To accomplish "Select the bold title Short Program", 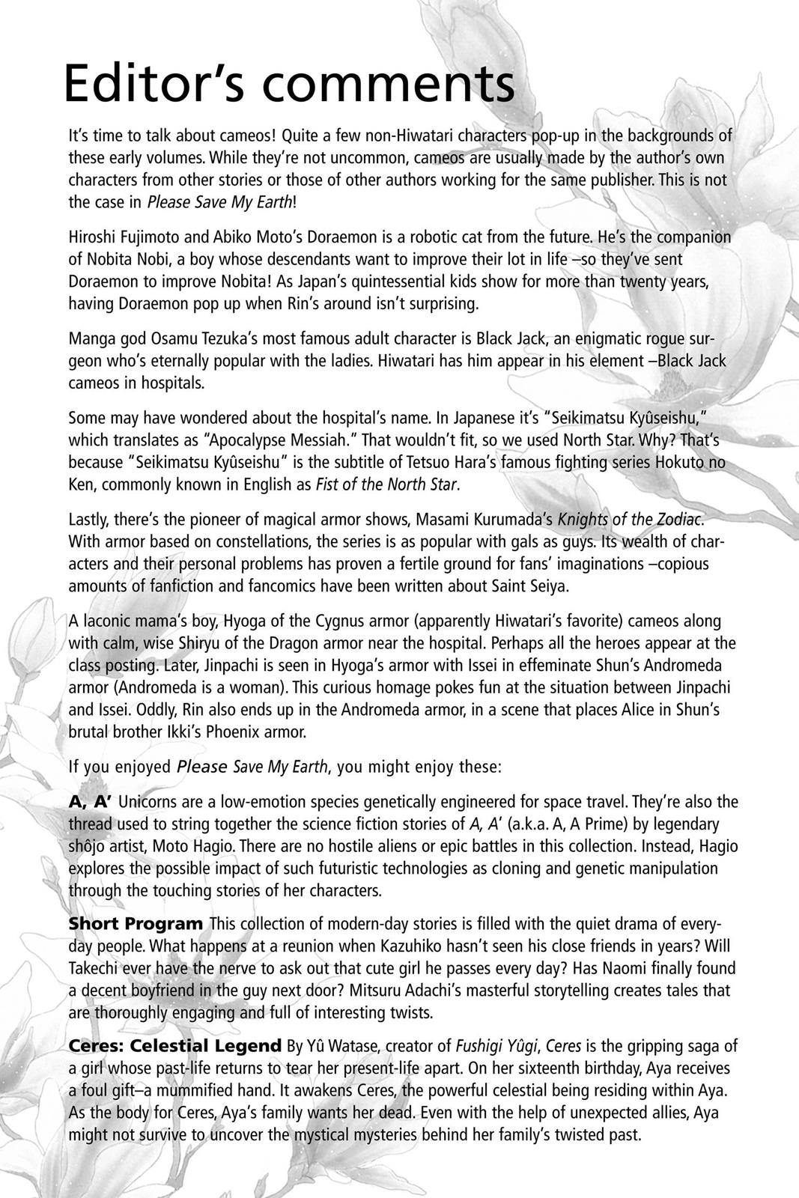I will tap(136, 924).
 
